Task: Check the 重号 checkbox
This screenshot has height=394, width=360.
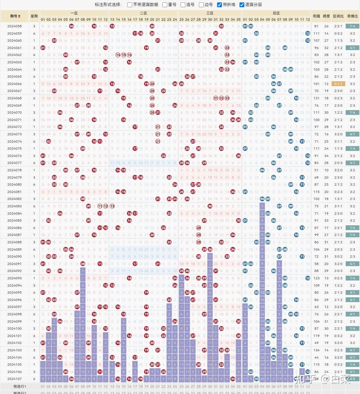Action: click(x=165, y=5)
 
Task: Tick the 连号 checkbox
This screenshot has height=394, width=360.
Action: click(x=183, y=5)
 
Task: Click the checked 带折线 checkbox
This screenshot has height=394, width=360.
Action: click(x=219, y=5)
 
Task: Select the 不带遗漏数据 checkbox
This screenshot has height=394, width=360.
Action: click(x=130, y=5)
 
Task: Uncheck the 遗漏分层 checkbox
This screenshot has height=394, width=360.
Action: click(x=242, y=5)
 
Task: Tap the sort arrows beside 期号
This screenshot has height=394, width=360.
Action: click(x=19, y=16)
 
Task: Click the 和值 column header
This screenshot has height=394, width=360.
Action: click(x=316, y=16)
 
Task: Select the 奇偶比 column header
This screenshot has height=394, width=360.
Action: click(x=352, y=16)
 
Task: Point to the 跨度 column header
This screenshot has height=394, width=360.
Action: click(x=326, y=16)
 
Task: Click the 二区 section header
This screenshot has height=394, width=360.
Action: click(x=143, y=13)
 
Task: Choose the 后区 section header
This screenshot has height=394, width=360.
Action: click(x=276, y=13)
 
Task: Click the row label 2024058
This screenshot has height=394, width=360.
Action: click(x=14, y=26)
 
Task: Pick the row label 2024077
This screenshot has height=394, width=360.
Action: click(x=14, y=163)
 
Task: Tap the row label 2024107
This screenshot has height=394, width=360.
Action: click(x=14, y=379)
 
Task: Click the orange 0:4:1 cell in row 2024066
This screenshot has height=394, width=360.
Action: click(x=338, y=84)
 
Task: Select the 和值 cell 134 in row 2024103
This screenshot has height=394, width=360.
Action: click(x=316, y=350)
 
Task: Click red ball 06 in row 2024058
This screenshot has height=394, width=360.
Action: click(x=71, y=26)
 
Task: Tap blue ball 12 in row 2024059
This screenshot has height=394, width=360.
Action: click(x=308, y=33)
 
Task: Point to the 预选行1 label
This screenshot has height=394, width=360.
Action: click(x=20, y=386)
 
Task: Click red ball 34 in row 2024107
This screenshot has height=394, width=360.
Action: click(x=233, y=379)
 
